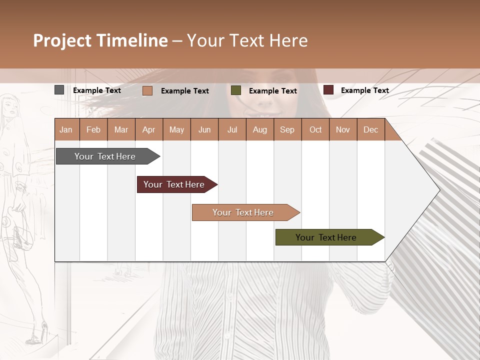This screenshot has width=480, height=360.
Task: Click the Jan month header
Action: [x=66, y=130]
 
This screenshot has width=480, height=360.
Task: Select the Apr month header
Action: [x=148, y=130]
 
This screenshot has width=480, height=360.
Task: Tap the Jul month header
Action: [x=232, y=130]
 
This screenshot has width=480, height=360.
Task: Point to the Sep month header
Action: [x=287, y=130]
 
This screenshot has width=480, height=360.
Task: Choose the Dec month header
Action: [x=370, y=130]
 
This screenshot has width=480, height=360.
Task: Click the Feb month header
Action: [x=93, y=130]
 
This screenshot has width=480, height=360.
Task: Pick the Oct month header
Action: [x=315, y=130]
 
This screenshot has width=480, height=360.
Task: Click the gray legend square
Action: [x=59, y=90]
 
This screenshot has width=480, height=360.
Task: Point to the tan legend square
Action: [x=147, y=90]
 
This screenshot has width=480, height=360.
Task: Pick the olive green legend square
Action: [x=236, y=90]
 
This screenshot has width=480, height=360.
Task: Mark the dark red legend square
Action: [x=328, y=90]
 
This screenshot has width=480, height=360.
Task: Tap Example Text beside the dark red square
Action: [x=364, y=90]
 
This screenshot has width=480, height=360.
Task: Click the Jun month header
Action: [x=204, y=130]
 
